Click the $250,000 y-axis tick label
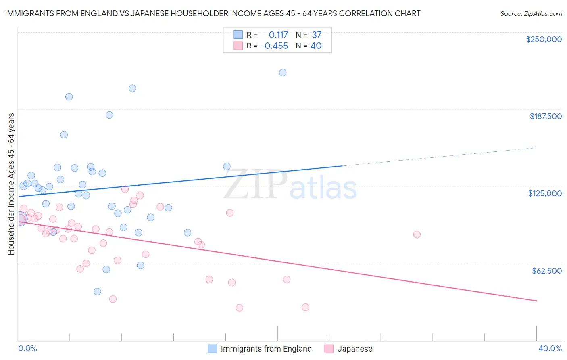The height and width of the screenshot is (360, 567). [544, 39]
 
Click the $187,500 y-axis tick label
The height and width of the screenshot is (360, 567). [545, 116]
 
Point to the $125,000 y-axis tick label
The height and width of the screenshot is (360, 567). [545, 193]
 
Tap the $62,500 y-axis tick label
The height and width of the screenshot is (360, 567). [546, 271]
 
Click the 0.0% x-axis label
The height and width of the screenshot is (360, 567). [27, 348]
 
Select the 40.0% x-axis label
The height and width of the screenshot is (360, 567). [550, 348]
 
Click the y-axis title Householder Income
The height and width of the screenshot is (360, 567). [11, 184]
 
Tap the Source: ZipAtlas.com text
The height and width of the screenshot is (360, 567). [531, 13]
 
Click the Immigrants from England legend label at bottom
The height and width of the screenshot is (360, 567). [266, 349]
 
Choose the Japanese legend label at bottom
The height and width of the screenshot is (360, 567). [354, 349]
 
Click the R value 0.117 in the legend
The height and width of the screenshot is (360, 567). [278, 35]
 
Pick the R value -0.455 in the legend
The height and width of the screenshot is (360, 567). [274, 46]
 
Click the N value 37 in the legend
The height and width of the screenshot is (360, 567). [317, 35]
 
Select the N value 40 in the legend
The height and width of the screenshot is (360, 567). [316, 46]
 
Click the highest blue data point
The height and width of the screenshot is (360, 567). [283, 73]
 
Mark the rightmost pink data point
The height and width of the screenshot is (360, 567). [417, 234]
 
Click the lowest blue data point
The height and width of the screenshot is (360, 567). [97, 291]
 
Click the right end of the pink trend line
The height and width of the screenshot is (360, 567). [536, 301]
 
